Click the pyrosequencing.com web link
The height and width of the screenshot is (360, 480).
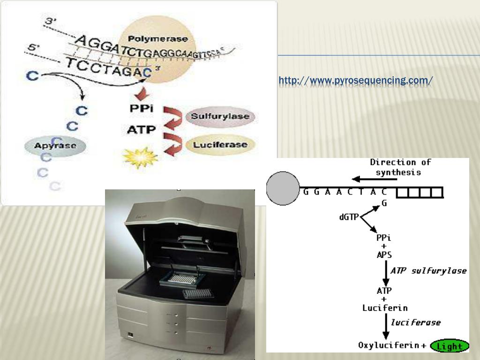[x=355, y=81]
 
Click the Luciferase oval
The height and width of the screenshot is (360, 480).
[x=220, y=145]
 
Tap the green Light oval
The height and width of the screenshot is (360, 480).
[x=450, y=346]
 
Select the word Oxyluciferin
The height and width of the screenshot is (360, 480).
[x=389, y=346]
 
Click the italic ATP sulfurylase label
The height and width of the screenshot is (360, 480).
[x=428, y=270]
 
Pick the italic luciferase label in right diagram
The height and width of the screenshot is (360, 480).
[x=415, y=322]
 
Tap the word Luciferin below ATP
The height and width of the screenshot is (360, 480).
[x=385, y=308]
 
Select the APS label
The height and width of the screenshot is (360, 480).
[x=384, y=255]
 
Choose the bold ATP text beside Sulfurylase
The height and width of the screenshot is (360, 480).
[x=141, y=129]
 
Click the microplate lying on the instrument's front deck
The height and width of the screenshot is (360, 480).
[x=196, y=293]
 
